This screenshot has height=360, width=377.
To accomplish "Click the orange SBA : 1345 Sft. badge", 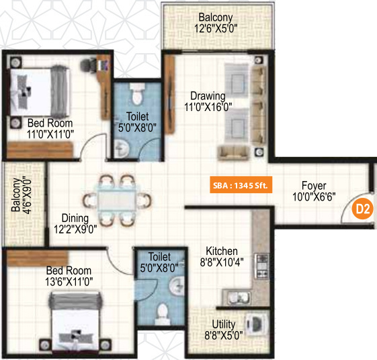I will (x=240, y=186).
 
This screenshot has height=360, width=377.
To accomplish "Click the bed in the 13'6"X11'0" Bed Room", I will (x=75, y=322).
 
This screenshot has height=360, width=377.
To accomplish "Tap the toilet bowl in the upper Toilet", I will (x=136, y=92).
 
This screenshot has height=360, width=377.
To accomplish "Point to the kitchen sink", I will (x=236, y=296).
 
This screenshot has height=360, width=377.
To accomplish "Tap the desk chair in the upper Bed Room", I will (x=87, y=65).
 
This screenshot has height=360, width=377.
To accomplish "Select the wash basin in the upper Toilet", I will (x=122, y=148).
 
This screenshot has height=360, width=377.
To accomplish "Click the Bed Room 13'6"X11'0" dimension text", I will (x=50, y=281).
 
